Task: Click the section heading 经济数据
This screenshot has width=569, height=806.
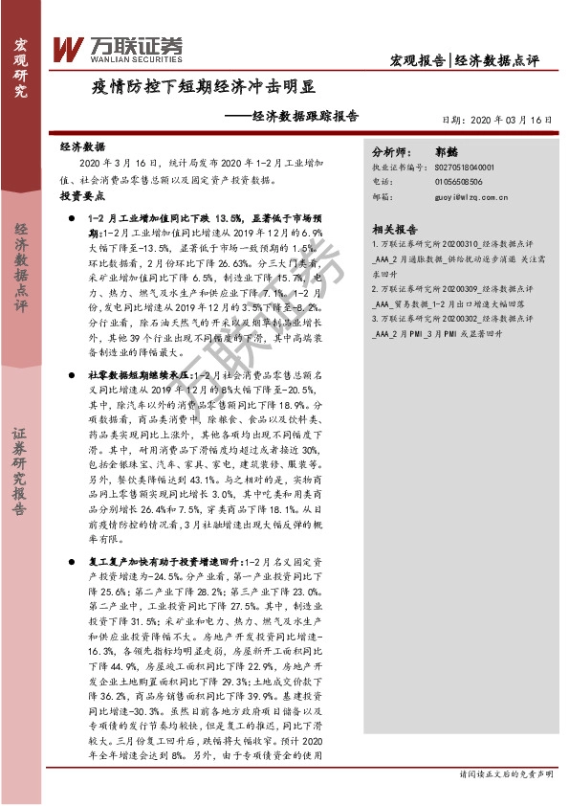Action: coord(82,148)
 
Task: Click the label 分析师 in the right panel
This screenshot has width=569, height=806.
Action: coord(391,151)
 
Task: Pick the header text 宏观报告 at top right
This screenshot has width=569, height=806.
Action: coord(418,60)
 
